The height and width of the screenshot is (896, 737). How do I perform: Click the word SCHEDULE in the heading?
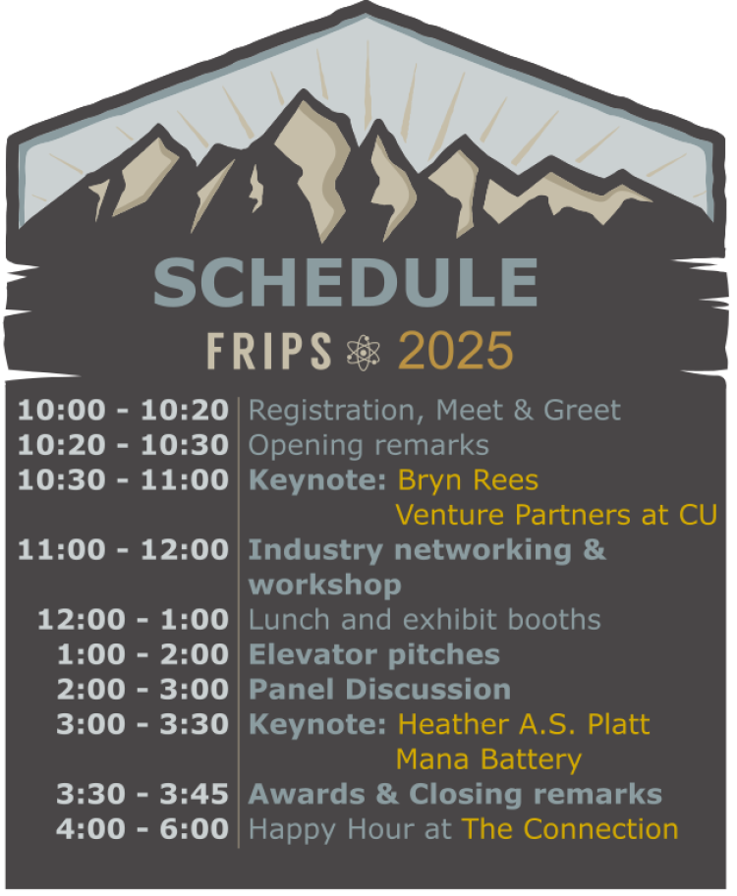click(x=345, y=281)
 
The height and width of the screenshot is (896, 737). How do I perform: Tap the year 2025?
click(x=456, y=351)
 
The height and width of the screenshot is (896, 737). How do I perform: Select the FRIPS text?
click(x=269, y=351)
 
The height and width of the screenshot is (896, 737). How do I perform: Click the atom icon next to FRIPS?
click(x=365, y=352)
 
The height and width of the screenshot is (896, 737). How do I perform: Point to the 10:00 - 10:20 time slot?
click(x=123, y=410)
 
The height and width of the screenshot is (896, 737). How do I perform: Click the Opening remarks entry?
click(x=368, y=445)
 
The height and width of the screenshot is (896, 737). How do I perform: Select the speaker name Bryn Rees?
click(x=468, y=480)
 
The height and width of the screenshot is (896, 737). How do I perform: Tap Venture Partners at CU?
click(x=556, y=515)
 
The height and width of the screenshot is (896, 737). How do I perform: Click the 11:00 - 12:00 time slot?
click(x=123, y=550)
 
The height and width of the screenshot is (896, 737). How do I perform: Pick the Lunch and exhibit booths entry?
click(x=425, y=620)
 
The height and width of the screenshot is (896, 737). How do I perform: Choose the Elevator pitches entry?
click(x=374, y=654)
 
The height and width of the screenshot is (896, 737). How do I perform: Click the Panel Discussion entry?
click(x=379, y=690)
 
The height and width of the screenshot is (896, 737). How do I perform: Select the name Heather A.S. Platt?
click(x=524, y=725)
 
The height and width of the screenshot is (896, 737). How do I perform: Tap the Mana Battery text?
click(x=488, y=759)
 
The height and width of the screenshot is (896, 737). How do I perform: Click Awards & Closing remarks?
click(x=455, y=794)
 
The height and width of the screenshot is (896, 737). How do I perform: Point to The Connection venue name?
click(x=570, y=829)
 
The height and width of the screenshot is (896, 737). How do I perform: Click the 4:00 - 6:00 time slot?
click(x=142, y=829)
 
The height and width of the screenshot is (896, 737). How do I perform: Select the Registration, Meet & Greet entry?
click(x=434, y=410)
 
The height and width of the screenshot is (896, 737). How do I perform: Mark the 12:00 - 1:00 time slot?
click(x=133, y=620)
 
